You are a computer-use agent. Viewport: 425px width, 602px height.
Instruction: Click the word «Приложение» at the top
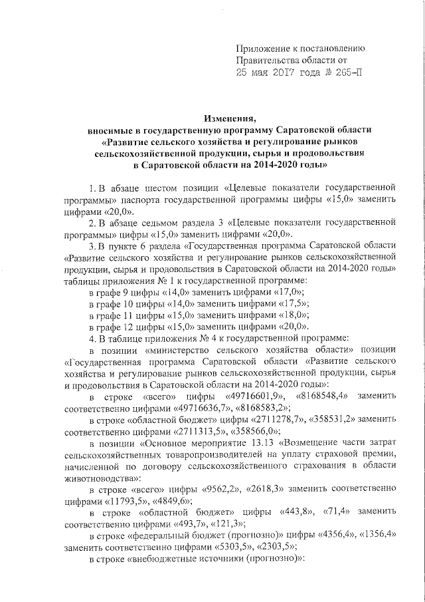pyautogui.click(x=264, y=49)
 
